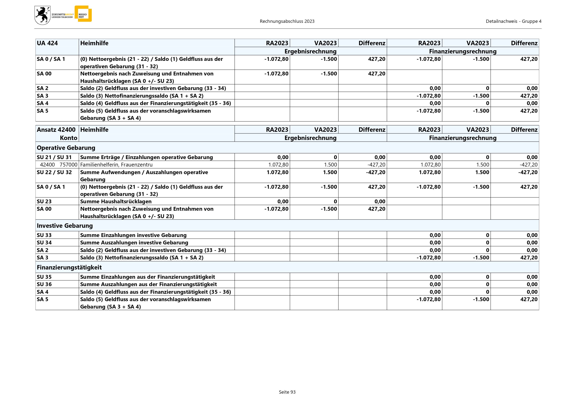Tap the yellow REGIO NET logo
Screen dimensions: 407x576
click(83, 14)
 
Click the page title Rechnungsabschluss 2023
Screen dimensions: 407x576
click(287, 21)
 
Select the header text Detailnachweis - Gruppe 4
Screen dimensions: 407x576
click(513, 21)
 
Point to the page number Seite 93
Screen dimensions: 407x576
click(287, 392)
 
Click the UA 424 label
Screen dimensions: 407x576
click(47, 43)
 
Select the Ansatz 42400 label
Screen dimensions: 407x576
click(56, 129)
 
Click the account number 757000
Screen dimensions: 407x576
click(69, 165)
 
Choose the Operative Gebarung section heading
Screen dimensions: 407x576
click(66, 148)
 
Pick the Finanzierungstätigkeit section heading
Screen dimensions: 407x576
click(69, 267)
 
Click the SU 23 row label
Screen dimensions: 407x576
click(44, 201)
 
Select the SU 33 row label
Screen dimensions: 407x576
click(44, 235)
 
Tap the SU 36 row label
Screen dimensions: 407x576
click(44, 284)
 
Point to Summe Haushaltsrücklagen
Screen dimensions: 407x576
click(116, 201)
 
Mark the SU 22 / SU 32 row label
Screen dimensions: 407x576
click(54, 172)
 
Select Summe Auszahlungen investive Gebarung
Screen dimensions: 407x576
click(134, 243)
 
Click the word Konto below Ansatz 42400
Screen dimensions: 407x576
click(69, 138)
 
